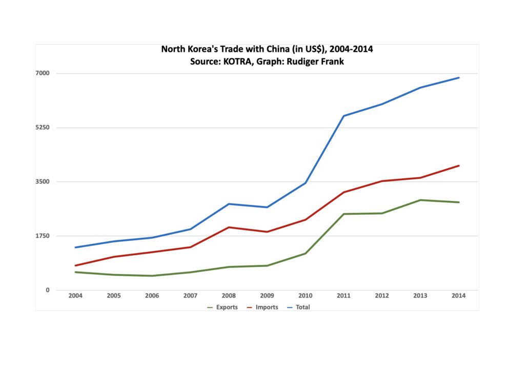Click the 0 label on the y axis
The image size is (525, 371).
48,290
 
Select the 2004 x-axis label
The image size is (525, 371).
75,296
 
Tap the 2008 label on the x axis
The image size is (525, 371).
229,296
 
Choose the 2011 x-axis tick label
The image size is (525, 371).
344,296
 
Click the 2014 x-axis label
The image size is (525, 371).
458,296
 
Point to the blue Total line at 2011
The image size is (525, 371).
344,116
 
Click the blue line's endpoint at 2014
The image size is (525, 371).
458,78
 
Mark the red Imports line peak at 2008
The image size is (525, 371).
229,227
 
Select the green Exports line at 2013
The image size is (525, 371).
420,200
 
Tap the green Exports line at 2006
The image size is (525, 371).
152,276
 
